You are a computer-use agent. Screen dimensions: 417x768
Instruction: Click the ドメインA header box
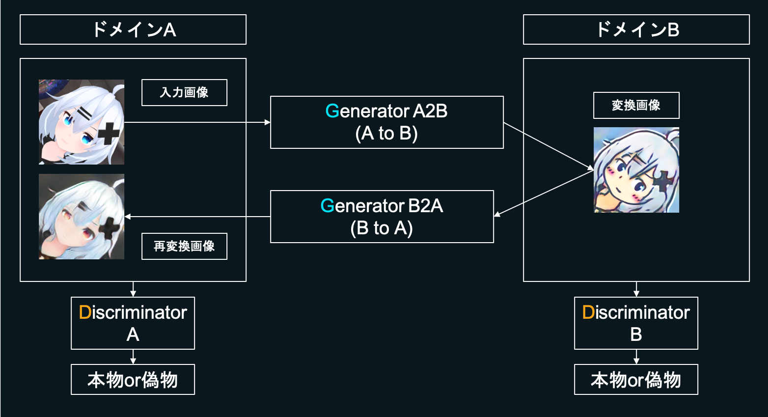pos(133,29)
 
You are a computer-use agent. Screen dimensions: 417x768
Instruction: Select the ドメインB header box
pos(636,29)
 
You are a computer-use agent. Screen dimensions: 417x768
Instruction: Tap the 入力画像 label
pos(184,92)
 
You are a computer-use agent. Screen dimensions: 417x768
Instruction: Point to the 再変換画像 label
pos(184,246)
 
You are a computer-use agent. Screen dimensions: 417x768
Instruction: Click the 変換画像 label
pos(636,105)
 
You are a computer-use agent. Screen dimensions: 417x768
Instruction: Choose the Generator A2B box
pos(386,122)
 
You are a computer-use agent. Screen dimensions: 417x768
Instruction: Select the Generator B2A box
pos(382,217)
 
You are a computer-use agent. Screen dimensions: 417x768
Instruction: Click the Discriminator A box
pos(133,323)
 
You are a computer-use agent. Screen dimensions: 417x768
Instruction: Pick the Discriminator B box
pos(636,323)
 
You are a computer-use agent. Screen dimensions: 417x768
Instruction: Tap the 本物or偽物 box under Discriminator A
pos(133,380)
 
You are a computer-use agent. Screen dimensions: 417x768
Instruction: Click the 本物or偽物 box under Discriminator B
pos(636,380)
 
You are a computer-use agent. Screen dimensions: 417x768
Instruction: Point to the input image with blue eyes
pos(82,122)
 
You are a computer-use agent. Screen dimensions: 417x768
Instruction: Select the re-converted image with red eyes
pos(82,217)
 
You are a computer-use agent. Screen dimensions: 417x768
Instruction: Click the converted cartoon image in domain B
pos(636,170)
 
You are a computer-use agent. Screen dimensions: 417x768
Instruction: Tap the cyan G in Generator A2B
pos(332,111)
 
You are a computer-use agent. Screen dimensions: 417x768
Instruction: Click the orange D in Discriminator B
pos(588,312)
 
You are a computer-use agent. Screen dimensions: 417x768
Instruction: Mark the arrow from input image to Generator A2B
pos(196,122)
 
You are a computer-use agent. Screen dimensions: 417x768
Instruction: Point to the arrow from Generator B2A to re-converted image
pos(196,217)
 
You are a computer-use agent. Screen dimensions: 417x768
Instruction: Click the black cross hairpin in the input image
pos(109,134)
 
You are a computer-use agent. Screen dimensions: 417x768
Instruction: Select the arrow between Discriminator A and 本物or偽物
pos(133,357)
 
